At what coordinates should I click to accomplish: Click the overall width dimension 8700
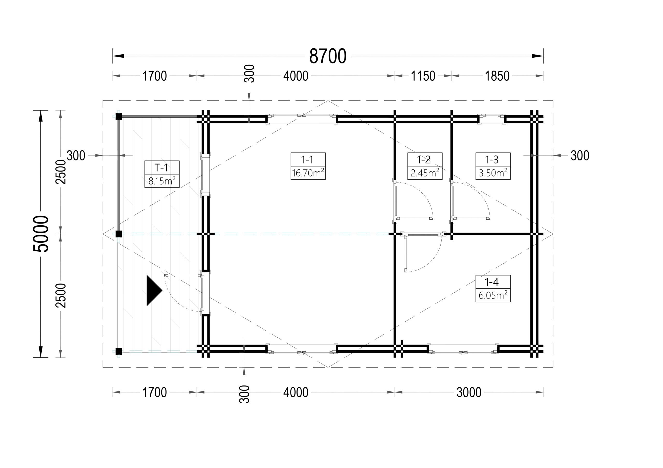click(x=328, y=56)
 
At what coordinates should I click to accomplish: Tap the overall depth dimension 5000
click(x=41, y=234)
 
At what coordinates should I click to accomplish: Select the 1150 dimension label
click(x=423, y=76)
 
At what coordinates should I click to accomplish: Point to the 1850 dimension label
click(x=497, y=76)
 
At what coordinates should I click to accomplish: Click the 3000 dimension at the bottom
click(x=469, y=392)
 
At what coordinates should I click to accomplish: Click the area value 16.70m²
click(x=308, y=173)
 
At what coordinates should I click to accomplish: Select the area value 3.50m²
click(x=493, y=173)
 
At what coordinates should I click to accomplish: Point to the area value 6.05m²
click(x=493, y=295)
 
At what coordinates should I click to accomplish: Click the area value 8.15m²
click(x=162, y=181)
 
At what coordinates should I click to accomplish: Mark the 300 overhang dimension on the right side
click(x=580, y=155)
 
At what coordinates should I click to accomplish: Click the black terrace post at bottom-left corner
click(x=118, y=351)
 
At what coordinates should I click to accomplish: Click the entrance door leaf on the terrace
click(x=183, y=276)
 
